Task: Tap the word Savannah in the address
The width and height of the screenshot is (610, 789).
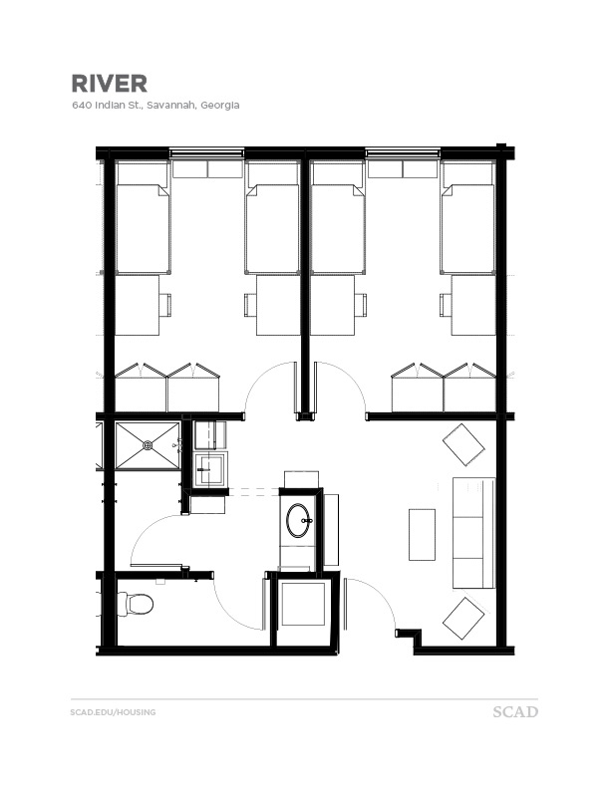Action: tap(171, 105)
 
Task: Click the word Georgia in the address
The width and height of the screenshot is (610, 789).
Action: tap(219, 105)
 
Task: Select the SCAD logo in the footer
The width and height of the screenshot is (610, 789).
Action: tap(515, 712)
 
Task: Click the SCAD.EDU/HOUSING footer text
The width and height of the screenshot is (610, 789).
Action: tap(113, 712)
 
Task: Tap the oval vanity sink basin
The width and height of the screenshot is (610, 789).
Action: tap(298, 520)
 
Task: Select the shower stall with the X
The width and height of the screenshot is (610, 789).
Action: tap(148, 445)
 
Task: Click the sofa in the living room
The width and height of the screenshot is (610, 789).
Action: tap(473, 533)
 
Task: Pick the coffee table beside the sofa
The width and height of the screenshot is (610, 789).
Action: tap(422, 534)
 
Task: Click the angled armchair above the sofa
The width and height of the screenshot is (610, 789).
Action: tap(463, 443)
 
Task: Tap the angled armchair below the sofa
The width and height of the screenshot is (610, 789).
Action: tap(463, 619)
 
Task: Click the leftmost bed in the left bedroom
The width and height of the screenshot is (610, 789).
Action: tap(143, 229)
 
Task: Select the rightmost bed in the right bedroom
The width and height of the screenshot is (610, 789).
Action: tap(467, 229)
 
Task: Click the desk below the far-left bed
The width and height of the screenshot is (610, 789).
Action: tap(138, 305)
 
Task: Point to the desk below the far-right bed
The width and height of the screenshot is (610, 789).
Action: tap(472, 305)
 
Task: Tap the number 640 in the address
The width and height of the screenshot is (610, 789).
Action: tap(80, 105)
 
